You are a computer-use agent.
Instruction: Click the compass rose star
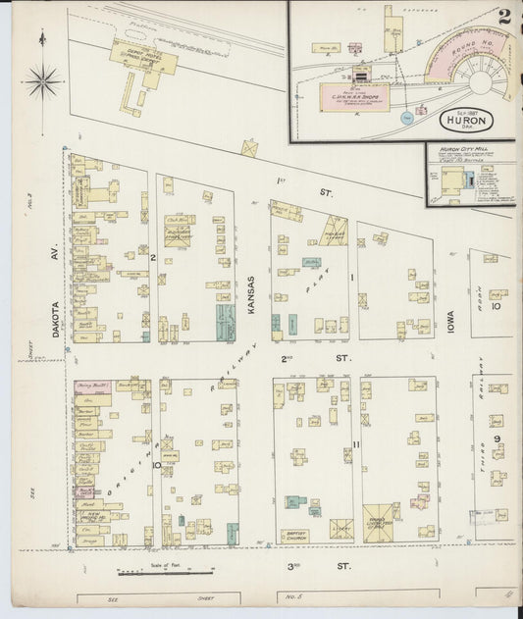[43, 80]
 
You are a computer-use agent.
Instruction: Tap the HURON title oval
[466, 120]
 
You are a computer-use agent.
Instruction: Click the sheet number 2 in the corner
[503, 17]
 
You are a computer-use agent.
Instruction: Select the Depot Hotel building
[143, 58]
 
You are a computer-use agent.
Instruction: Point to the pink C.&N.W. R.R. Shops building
[354, 95]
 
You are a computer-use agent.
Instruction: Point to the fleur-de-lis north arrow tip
[43, 37]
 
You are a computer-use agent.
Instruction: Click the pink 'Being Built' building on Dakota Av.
[92, 387]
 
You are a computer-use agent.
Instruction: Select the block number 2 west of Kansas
[154, 257]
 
